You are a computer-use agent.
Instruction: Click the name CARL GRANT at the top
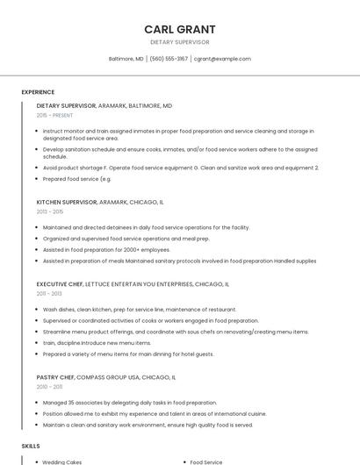pyautogui.click(x=179, y=29)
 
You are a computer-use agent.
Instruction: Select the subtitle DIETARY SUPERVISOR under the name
pyautogui.click(x=179, y=42)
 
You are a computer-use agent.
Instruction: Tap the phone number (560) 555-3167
pyautogui.click(x=169, y=59)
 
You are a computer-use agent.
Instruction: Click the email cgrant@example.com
pyautogui.click(x=222, y=59)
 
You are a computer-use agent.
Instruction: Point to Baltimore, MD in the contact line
pyautogui.click(x=126, y=59)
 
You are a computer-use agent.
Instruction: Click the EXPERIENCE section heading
pyautogui.click(x=38, y=92)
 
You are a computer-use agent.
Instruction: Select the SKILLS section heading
pyautogui.click(x=31, y=446)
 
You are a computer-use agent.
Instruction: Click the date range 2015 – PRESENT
pyautogui.click(x=55, y=115)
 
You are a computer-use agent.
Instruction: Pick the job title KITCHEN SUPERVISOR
pyautogui.click(x=67, y=202)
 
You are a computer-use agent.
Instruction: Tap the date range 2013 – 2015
pyautogui.click(x=50, y=211)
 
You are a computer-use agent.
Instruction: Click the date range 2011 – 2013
pyautogui.click(x=50, y=294)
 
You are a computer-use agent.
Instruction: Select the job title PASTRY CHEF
pyautogui.click(x=56, y=376)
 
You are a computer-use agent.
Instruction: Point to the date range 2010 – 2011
pyautogui.click(x=50, y=386)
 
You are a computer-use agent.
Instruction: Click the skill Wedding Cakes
pyautogui.click(x=62, y=461)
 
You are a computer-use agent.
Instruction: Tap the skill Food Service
pyautogui.click(x=206, y=461)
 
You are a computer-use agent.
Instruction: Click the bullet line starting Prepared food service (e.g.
pyautogui.click(x=77, y=179)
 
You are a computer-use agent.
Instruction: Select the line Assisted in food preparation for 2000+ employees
pyautogui.click(x=106, y=249)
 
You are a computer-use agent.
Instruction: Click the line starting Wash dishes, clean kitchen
pyautogui.click(x=140, y=309)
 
